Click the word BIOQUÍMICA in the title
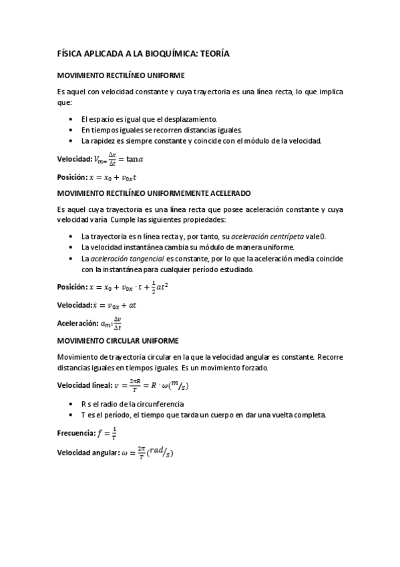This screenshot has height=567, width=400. [x=168, y=54]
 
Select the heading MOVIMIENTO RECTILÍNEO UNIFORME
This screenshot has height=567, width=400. [x=120, y=76]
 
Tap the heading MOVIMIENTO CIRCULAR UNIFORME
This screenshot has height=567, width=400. [x=117, y=340]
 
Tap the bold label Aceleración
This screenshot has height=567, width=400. [x=77, y=324]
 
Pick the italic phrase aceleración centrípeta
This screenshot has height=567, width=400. [x=267, y=237]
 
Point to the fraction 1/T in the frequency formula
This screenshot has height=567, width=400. [x=114, y=433]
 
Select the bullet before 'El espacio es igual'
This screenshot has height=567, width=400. [x=71, y=118]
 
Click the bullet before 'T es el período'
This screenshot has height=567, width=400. [x=71, y=415]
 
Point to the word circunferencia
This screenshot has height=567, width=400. [x=160, y=404]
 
